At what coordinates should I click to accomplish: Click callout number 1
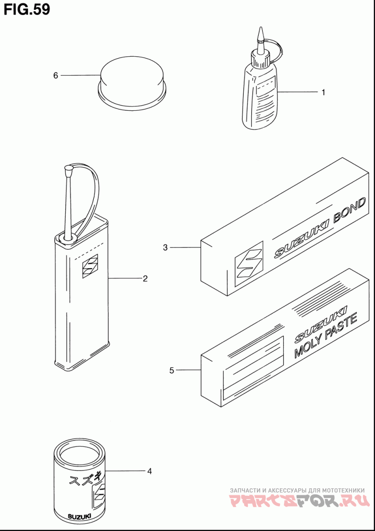tap(323, 92)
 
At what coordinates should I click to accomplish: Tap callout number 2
tap(145, 278)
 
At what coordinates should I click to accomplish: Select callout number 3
tap(165, 247)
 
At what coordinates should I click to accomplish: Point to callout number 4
tap(150, 471)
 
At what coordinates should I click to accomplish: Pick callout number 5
tap(172, 370)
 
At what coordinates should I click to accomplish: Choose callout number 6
tap(56, 75)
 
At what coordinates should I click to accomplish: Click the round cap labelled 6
tap(132, 77)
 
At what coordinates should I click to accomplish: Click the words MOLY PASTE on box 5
tap(326, 336)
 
